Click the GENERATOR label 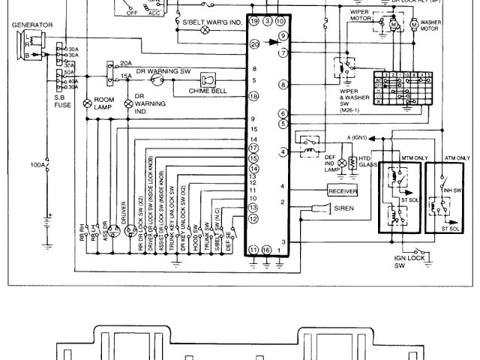[x=31, y=25]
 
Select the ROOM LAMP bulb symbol [x=87, y=100]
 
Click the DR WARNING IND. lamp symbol [x=128, y=102]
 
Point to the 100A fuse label [x=37, y=163]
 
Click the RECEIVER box [x=343, y=190]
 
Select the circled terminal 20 [x=254, y=45]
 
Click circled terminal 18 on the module [x=254, y=96]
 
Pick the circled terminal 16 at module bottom [x=266, y=249]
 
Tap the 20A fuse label [x=126, y=64]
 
